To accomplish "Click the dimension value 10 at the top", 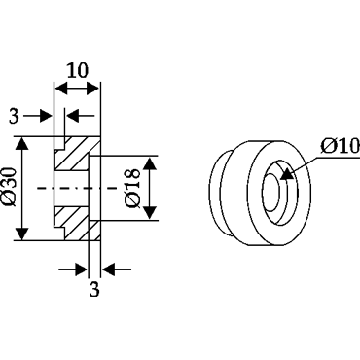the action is tap(77, 70).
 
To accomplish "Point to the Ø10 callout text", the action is tap(341, 146).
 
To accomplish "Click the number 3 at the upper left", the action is tap(14, 116).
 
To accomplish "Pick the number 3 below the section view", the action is tap(94, 289).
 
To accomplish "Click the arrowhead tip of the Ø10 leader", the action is tap(281, 178).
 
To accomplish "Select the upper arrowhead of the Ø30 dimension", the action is tap(22, 143).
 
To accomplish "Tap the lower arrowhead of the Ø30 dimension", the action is tap(22, 234).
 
